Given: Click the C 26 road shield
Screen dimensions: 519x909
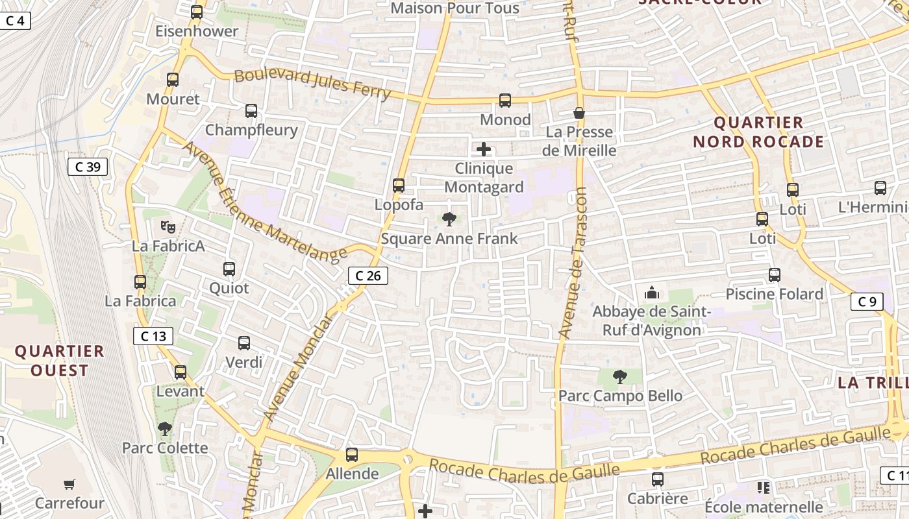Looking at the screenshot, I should [x=368, y=276].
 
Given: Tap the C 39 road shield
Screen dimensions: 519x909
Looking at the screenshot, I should [x=88, y=167].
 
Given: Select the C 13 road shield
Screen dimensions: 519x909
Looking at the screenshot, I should [x=153, y=335].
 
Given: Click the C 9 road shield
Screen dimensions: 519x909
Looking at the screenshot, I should [x=867, y=301].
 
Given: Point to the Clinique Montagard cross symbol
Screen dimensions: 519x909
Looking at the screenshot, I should [x=484, y=150].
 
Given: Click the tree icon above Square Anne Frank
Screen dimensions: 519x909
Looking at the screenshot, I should [x=449, y=219].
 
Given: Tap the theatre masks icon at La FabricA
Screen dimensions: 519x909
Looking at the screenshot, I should [x=168, y=226].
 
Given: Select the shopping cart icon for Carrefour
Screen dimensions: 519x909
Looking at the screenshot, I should [x=69, y=484].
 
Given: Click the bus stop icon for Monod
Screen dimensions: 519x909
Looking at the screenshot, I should [x=505, y=101].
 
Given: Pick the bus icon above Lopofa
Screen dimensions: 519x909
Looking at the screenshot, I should [x=399, y=186].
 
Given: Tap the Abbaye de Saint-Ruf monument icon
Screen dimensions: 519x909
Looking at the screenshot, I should [x=652, y=293].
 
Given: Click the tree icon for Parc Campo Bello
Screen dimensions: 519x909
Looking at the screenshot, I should [x=620, y=376].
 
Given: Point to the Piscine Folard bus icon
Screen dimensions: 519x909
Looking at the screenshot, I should [x=775, y=275].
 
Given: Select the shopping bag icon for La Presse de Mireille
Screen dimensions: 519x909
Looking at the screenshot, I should [x=579, y=113].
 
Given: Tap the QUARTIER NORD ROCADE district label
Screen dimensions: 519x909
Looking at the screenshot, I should [x=758, y=132].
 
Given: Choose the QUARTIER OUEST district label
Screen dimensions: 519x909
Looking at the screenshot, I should [x=60, y=361].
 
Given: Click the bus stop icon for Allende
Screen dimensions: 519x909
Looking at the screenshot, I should [x=352, y=455].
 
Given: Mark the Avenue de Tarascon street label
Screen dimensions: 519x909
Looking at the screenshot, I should [x=572, y=263].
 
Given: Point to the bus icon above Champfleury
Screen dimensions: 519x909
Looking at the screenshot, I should [x=251, y=111].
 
